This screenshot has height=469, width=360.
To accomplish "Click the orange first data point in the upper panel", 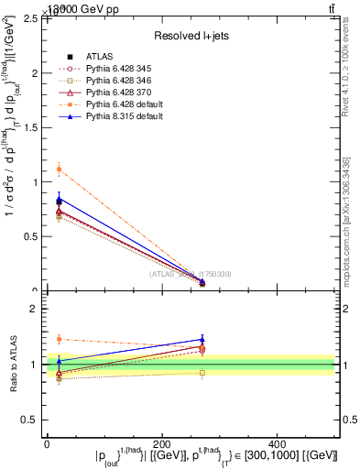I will coord(59,169).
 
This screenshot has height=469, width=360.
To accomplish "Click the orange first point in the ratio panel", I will coord(59,339).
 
